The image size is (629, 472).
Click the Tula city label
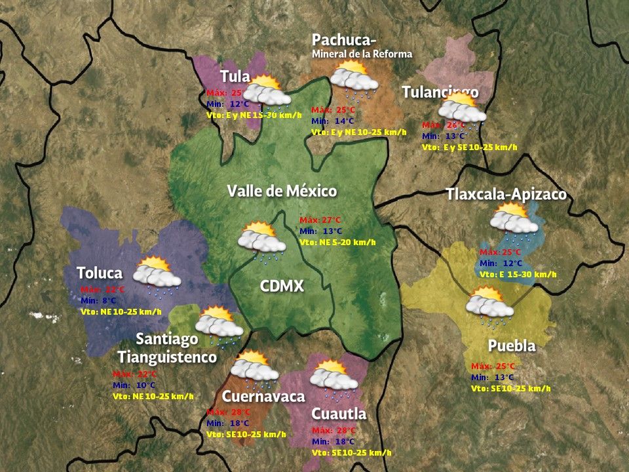coord(235,76)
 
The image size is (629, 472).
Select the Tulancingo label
coord(440,92)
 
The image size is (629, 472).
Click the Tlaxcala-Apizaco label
coord(506,195)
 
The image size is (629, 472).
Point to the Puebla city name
coord(512,345)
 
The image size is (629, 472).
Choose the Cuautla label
coord(338,414)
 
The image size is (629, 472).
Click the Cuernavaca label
coord(263,396)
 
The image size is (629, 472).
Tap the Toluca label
coord(100,273)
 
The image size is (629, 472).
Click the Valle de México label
coord(282,191)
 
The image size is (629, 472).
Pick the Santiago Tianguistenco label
coord(167,348)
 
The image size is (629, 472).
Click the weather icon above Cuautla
coord(334,378)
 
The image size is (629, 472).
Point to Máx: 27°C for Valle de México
coord(320,220)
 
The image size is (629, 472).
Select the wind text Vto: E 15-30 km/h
coord(518,274)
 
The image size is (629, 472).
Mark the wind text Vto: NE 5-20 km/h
coord(337,242)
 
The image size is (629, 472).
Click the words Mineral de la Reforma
coord(362,54)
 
